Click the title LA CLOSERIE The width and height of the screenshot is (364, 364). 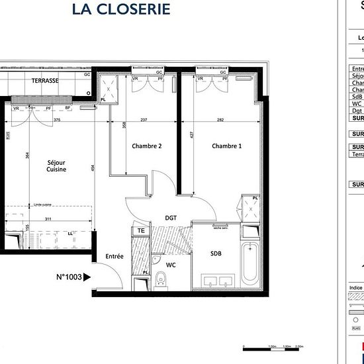pos(120,9)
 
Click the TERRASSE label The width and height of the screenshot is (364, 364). pos(45,81)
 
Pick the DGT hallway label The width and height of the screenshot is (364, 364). pos(171,218)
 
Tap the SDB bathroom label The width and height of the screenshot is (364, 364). pos(216,253)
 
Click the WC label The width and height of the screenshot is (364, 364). pos(171,265)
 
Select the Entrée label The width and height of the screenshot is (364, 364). pos(114,256)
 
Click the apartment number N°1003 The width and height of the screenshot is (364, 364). pos(69,277)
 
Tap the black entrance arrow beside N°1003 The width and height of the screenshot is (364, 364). pos(88,277)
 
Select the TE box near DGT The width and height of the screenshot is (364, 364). pos(141,230)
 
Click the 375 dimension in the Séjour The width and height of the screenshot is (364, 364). pos(57,120)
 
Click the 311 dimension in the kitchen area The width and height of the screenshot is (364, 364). pos(46,218)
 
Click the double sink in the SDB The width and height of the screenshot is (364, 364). pos(216,279)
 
